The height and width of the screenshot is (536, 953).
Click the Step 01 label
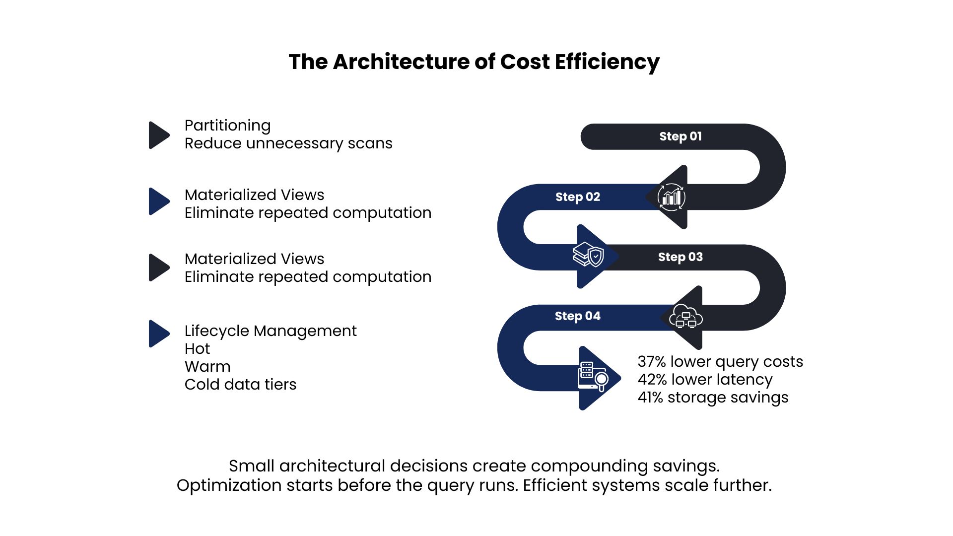pyautogui.click(x=681, y=136)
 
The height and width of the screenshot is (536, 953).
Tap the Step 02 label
pyautogui.click(x=578, y=197)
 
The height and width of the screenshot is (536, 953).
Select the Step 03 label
pyautogui.click(x=681, y=257)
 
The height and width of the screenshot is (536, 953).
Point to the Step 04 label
pyautogui.click(x=578, y=316)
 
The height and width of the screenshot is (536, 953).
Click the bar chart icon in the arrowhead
pyautogui.click(x=672, y=197)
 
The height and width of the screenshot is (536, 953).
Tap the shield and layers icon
pyautogui.click(x=588, y=255)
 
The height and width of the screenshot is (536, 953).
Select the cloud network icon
pyautogui.click(x=686, y=316)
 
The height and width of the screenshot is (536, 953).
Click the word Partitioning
pyautogui.click(x=228, y=126)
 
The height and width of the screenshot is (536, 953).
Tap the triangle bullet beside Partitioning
pyautogui.click(x=159, y=135)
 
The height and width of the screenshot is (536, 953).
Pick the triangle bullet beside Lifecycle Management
pyautogui.click(x=159, y=334)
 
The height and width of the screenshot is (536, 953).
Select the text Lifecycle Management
pyautogui.click(x=271, y=331)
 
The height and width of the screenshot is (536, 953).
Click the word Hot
pyautogui.click(x=197, y=348)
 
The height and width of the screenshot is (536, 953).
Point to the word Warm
pyautogui.click(x=207, y=367)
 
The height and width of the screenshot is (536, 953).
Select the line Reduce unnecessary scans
pyautogui.click(x=288, y=143)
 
